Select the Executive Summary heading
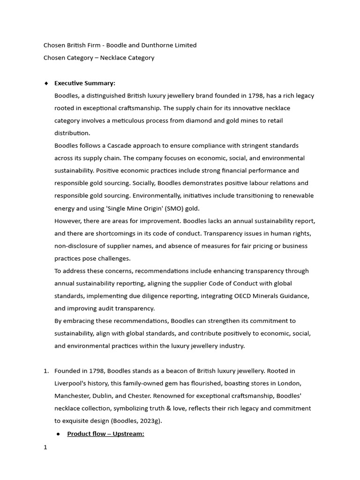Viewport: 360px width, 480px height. point(84,83)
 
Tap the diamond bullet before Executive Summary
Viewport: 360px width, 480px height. point(46,83)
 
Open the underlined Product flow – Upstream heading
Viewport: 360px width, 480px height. point(105,434)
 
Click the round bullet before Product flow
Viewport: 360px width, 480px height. point(58,434)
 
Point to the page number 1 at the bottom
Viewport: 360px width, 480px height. point(45,447)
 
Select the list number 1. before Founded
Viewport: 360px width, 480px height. point(46,371)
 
